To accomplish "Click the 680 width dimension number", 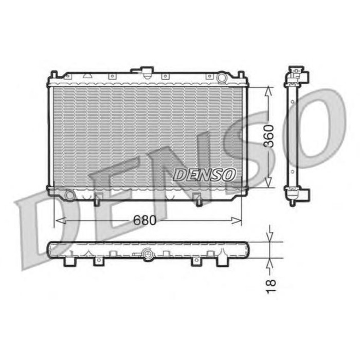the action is click(145, 220).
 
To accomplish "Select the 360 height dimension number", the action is click(269, 136).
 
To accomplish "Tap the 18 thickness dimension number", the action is click(271, 286).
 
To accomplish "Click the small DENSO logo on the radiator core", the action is click(204, 175).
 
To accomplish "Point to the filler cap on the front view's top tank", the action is click(146, 72).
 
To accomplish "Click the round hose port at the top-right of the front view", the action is click(222, 77).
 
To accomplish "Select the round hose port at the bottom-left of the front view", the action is click(69, 195).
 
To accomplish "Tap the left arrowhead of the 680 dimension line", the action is click(61, 221).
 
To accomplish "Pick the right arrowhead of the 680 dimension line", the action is click(237, 221).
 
